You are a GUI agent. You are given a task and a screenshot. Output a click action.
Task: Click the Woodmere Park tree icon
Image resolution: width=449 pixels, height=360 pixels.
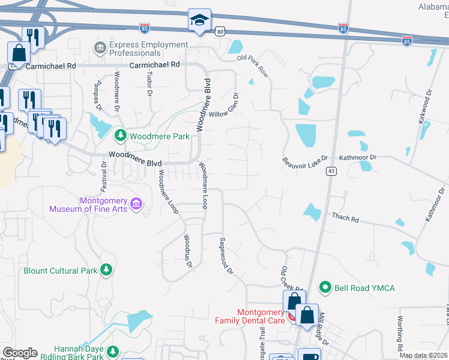point(120,136)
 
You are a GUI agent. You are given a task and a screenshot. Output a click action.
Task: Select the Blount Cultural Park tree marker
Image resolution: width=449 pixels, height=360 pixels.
point(107,270)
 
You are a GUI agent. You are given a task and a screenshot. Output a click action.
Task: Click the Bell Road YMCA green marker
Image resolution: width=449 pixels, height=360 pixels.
point(325,288)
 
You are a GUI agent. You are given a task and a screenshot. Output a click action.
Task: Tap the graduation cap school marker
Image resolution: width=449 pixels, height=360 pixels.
point(199,21)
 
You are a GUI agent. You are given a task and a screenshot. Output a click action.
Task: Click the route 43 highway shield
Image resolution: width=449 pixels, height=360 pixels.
point(331,171)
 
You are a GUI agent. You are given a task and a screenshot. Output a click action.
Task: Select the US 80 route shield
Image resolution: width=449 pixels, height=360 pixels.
point(220,31)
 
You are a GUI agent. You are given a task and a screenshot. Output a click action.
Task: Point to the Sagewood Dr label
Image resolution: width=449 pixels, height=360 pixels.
point(226,255)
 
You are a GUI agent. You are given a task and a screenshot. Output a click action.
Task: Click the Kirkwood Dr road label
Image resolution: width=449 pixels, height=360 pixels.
point(424,107)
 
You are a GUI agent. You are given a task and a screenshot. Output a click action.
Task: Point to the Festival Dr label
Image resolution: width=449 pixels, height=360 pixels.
point(103,174)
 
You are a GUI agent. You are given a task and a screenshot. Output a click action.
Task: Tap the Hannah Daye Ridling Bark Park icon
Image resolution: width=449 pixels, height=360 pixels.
point(118,352)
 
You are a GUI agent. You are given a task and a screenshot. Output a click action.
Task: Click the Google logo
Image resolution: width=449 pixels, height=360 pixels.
point(20,353)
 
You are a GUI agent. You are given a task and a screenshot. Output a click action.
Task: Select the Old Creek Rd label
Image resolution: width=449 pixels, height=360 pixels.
point(285,277)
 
